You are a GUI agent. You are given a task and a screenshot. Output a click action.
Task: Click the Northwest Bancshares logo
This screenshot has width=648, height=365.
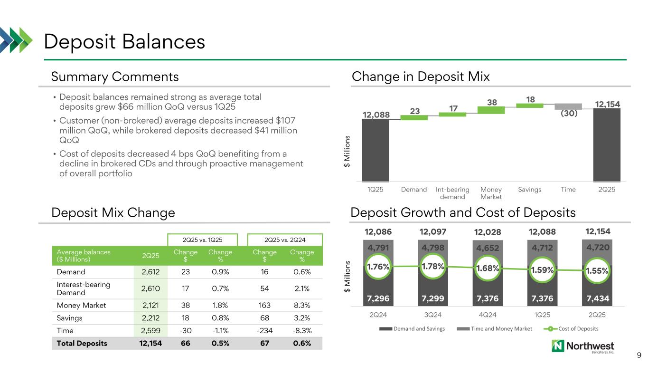point(582,347)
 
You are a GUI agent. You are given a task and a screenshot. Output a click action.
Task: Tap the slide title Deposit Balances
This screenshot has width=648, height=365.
point(124,42)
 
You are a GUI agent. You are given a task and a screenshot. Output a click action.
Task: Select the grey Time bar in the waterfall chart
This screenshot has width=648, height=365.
point(568,106)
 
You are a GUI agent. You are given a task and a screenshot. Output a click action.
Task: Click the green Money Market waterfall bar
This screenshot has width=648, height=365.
point(491,110)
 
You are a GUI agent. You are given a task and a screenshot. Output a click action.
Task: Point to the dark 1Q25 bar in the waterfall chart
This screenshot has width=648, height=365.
point(375,150)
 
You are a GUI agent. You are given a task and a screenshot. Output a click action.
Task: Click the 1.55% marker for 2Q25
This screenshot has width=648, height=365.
point(597,270)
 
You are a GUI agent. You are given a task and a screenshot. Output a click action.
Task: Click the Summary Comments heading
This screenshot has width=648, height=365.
point(115,77)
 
